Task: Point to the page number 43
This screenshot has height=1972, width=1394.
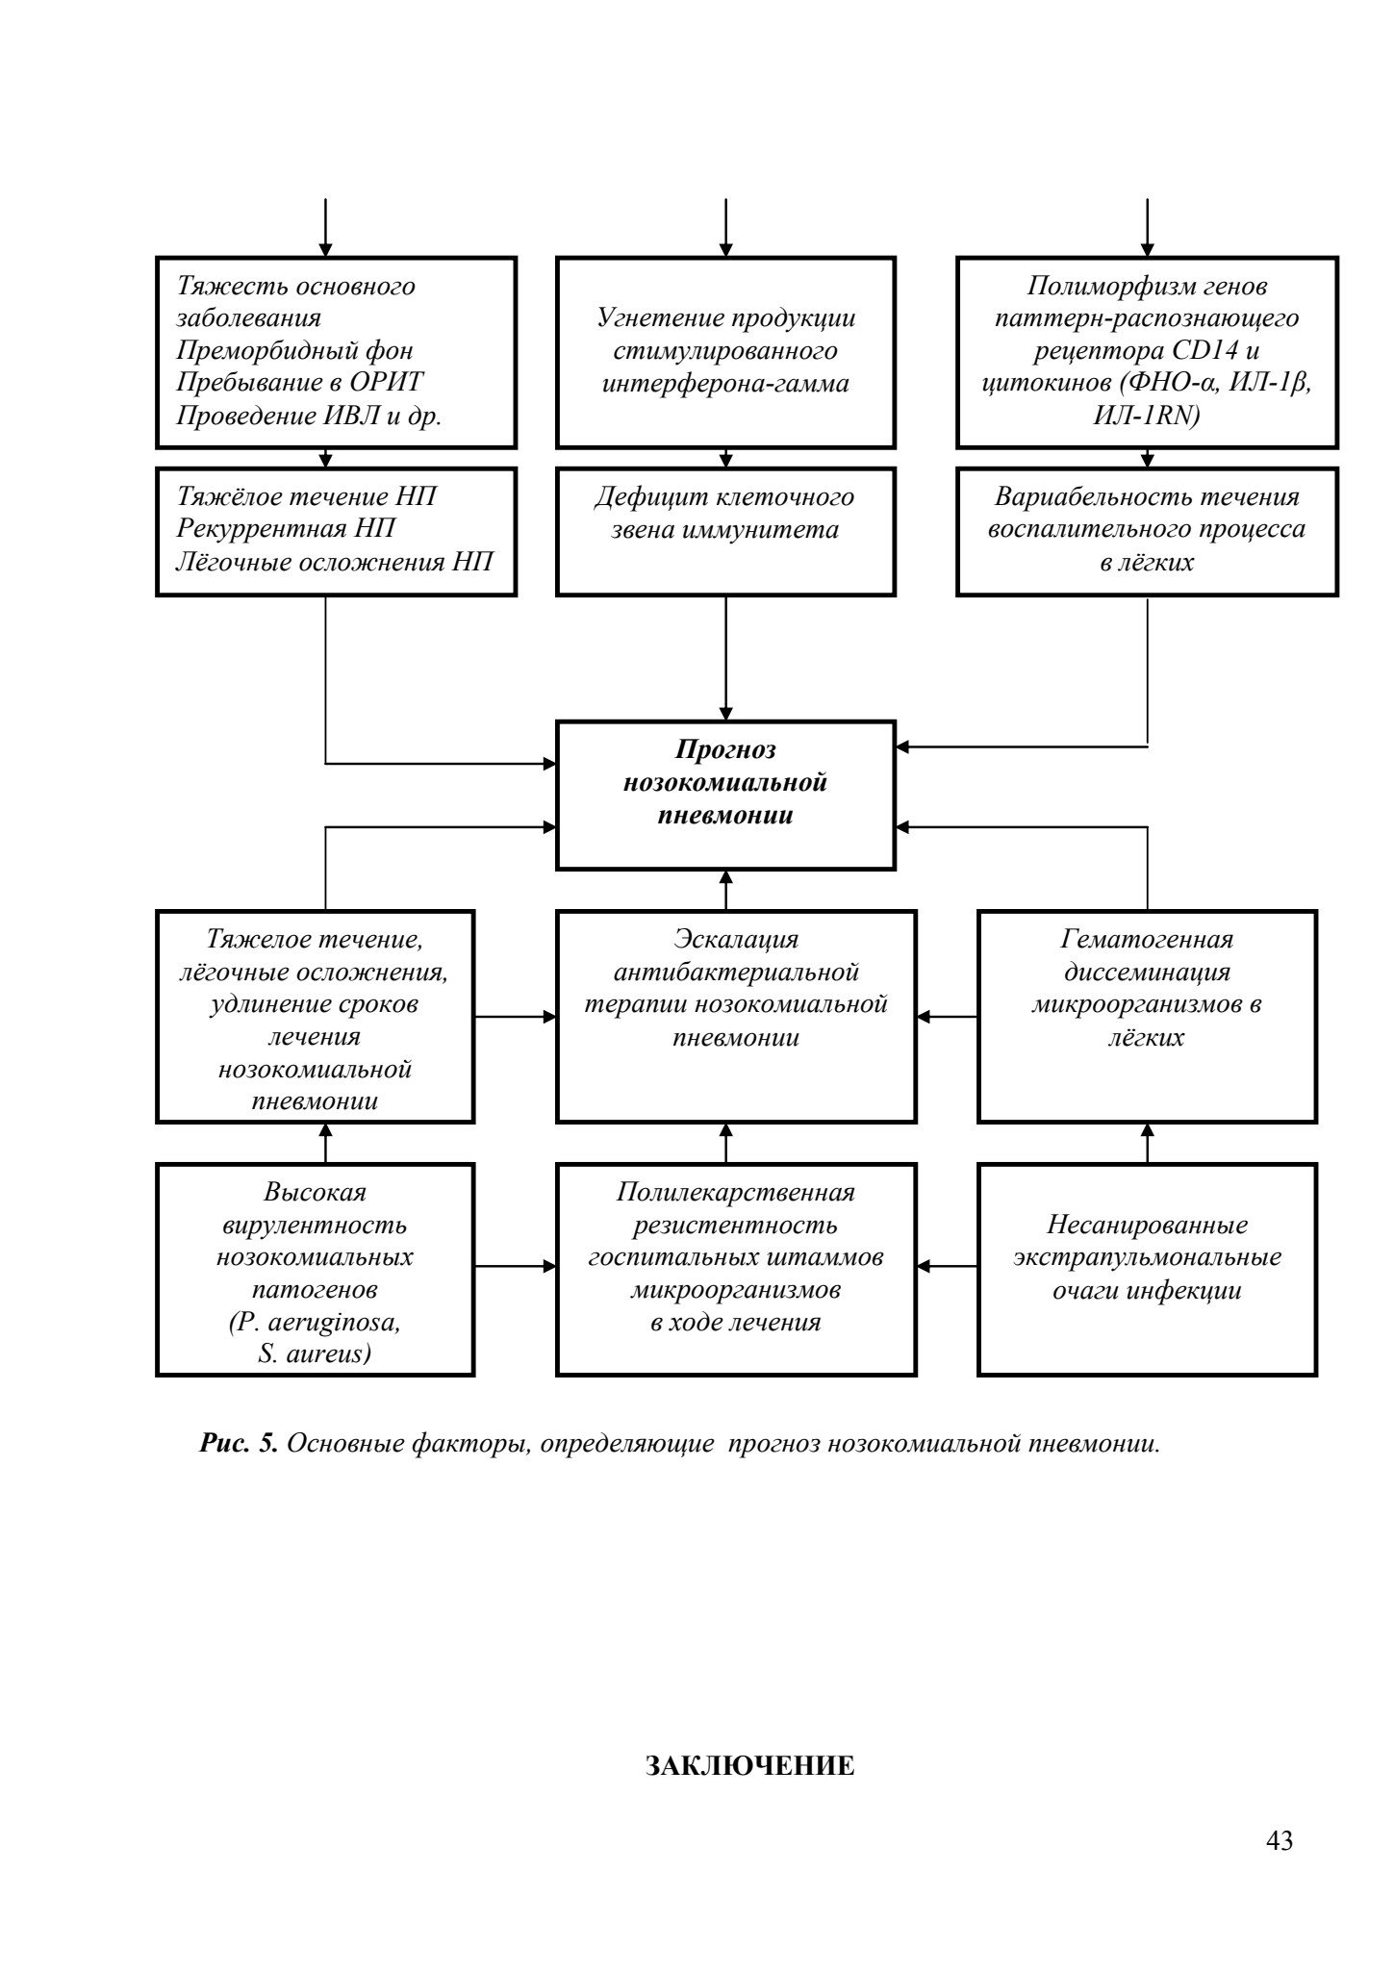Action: [1280, 1841]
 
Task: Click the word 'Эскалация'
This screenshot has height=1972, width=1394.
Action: [736, 939]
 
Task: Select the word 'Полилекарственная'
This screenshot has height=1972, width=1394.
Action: [736, 1193]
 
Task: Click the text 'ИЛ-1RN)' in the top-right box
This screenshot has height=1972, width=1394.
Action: [1147, 416]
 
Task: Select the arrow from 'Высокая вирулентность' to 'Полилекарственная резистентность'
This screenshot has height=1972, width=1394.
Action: [516, 1267]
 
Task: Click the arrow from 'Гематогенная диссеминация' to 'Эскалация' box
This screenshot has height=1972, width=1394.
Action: [947, 1016]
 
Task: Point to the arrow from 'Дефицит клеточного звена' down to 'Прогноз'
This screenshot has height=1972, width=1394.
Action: [725, 658]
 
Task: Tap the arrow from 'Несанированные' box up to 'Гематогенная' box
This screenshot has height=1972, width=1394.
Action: [1147, 1143]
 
